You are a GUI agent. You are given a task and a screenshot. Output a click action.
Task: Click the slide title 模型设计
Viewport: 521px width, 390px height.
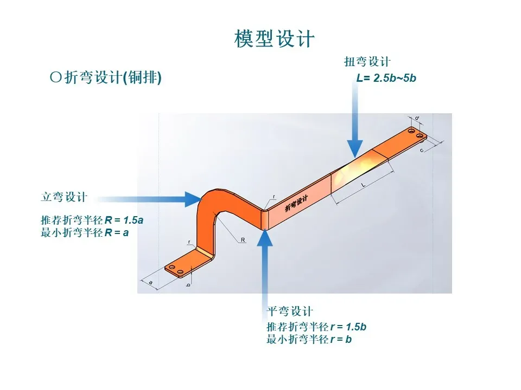coord(274,38)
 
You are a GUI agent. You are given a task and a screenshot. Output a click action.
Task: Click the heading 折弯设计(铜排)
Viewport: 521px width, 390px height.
coord(106,78)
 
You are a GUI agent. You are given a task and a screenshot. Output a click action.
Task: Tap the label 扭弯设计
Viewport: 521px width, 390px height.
coord(367,61)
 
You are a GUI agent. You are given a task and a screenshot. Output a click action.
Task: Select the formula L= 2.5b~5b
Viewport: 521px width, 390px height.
coord(386,78)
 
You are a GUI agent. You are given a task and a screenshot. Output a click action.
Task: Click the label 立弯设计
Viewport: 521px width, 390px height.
coord(63,197)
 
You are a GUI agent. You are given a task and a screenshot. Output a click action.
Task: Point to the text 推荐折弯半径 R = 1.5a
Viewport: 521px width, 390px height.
coord(92,221)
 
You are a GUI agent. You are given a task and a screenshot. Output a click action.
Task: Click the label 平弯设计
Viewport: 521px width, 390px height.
coord(290,311)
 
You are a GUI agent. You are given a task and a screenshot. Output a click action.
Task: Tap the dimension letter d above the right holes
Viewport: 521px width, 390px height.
coord(416,118)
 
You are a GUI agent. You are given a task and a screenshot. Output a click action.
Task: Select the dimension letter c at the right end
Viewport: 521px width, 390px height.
coord(422,150)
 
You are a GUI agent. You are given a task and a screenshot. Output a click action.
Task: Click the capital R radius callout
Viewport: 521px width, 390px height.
coord(243,238)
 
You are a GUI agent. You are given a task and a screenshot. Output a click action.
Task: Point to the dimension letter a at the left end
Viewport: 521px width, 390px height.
coord(150,282)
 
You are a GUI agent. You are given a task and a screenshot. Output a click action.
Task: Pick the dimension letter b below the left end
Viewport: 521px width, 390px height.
coord(188,285)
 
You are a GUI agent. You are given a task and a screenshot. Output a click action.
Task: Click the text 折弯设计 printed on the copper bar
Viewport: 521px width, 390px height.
coord(296,204)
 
